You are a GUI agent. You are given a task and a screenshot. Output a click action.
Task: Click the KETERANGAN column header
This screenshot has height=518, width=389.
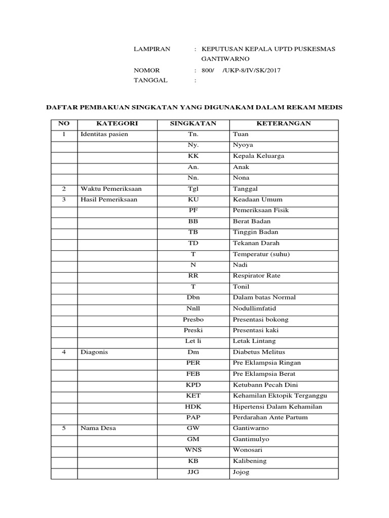283,123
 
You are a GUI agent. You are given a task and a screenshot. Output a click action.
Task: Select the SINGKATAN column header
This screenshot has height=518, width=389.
193,123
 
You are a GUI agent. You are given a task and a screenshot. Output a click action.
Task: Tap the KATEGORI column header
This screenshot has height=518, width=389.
117,123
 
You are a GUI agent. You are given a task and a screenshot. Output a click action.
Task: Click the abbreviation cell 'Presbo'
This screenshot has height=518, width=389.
193,319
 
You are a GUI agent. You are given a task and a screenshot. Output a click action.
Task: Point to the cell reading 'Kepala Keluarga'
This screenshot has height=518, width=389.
258,156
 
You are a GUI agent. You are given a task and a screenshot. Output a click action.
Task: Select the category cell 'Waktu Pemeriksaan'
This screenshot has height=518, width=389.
111,189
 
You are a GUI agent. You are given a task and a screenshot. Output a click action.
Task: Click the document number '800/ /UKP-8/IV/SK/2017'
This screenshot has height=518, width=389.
241,70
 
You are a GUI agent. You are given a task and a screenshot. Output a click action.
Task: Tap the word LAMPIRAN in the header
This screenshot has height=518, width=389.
152,49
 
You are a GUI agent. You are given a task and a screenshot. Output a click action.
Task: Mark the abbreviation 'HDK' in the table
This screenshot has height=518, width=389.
193,406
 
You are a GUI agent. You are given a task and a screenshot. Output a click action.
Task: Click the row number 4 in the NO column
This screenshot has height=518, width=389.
64,352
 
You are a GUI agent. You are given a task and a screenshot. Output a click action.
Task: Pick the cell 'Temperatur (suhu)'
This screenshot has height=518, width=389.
261,254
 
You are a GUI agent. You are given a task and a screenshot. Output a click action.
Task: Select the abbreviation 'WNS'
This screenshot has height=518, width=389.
193,450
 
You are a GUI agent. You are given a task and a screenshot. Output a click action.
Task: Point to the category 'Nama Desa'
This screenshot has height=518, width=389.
98,428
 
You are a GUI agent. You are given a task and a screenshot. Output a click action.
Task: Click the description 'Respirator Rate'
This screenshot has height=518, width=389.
256,276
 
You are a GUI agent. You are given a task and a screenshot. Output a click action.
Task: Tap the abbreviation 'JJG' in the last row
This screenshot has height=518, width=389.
193,472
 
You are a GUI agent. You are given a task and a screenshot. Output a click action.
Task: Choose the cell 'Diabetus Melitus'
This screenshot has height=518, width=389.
259,352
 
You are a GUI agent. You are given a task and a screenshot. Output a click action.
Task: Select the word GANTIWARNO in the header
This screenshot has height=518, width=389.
225,59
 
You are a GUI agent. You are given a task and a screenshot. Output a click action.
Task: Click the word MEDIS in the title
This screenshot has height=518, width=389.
330,107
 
